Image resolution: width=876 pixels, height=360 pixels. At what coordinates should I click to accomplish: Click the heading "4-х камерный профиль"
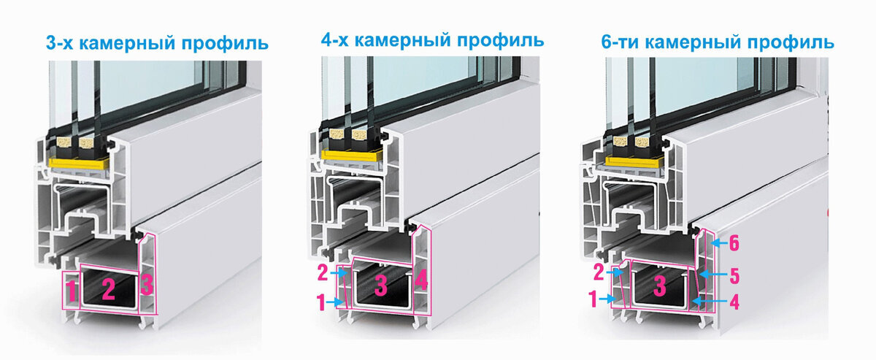(433, 39)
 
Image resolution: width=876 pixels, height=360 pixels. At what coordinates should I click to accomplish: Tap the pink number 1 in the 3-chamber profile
(72, 290)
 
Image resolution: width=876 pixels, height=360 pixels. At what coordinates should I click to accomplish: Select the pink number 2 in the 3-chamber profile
(109, 289)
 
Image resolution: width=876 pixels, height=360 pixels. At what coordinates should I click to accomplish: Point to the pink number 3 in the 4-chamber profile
(380, 286)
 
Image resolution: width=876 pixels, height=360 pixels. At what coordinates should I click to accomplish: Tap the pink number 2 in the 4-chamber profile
(322, 273)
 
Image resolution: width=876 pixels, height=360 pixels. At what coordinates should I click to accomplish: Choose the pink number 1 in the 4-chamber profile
(322, 300)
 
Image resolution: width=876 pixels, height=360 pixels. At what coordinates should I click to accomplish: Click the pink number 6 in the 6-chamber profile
(734, 242)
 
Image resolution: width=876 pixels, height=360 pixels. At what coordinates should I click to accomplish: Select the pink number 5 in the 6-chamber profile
(734, 275)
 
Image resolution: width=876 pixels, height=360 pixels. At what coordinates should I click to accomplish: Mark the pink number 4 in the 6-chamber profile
(734, 300)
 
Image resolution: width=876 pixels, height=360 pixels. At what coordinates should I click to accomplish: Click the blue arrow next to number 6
(717, 242)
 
